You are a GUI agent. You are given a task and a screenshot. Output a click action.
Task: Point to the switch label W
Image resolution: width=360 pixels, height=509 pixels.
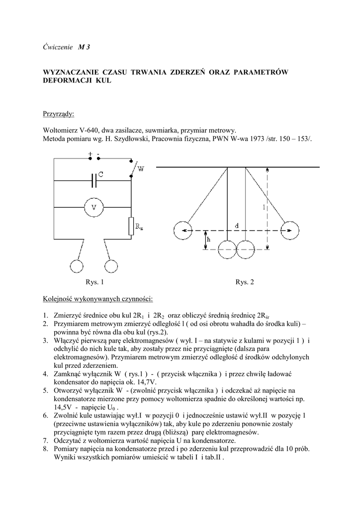pos(141,170)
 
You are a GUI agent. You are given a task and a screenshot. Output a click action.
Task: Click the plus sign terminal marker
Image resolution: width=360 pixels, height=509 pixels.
pos(90,154)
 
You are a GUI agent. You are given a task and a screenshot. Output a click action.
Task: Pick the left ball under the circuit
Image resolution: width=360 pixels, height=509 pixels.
pos(78,266)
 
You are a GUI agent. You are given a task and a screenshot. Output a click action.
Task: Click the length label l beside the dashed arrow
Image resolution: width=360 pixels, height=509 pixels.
pos(264,208)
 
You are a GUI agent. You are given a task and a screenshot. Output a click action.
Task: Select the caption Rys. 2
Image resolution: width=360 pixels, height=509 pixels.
pos(245,282)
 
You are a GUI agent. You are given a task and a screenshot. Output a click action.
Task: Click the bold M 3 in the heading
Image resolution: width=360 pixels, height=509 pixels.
pos(84,47)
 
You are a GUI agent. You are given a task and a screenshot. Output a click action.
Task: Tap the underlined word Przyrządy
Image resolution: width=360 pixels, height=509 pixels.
pos(58,114)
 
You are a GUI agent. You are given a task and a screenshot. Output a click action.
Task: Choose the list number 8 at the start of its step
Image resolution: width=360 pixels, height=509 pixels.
pos(45,449)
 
